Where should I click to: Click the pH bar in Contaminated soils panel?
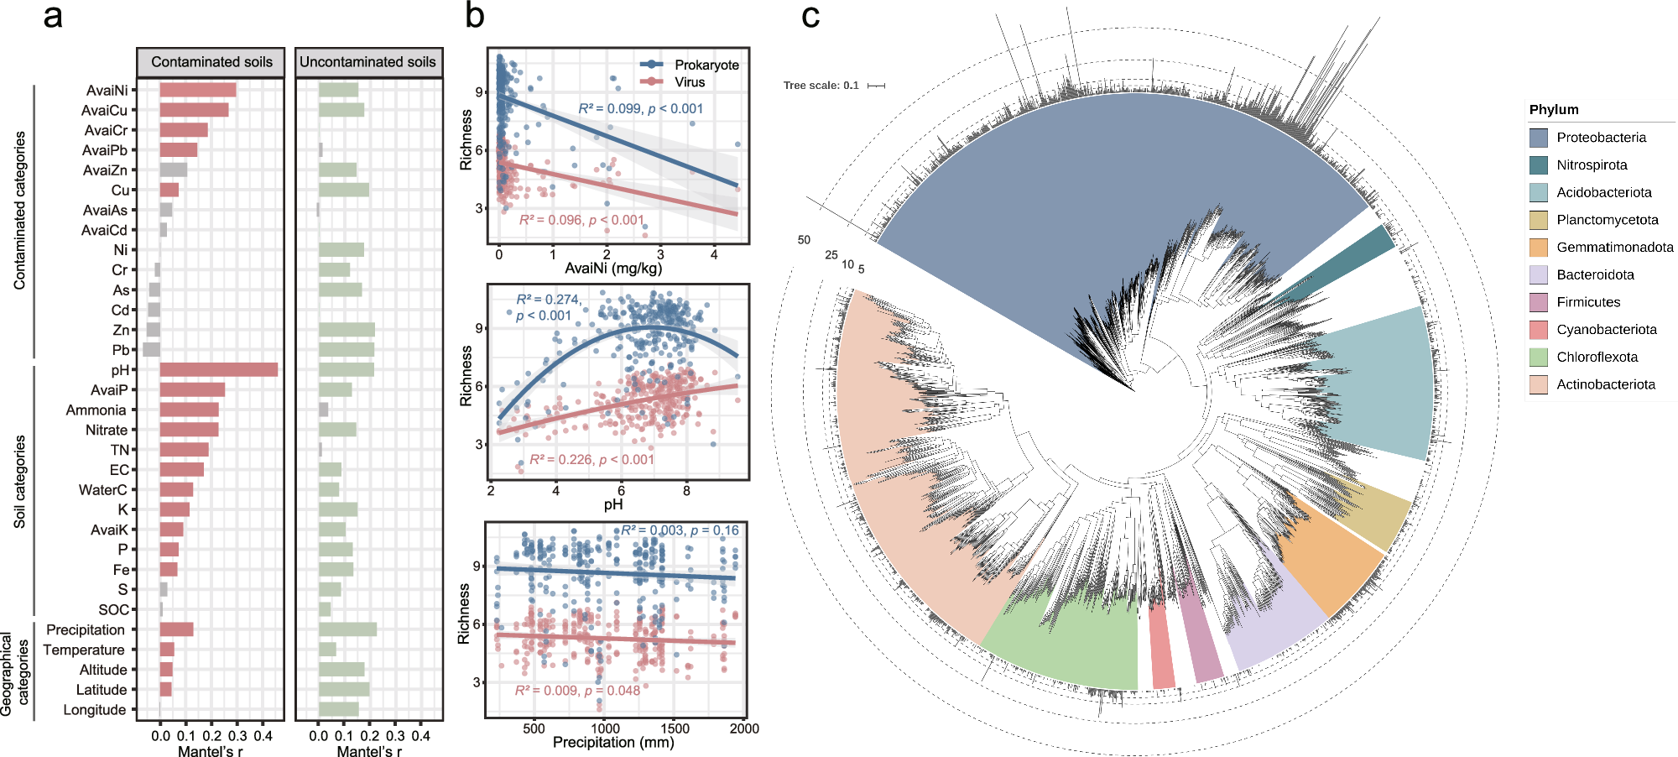[218, 369]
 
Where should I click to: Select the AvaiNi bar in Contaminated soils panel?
[198, 90]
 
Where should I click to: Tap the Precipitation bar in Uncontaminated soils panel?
[347, 629]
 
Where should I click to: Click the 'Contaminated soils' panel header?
[211, 62]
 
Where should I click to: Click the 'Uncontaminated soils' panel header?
[367, 62]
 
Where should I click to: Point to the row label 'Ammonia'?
[96, 410]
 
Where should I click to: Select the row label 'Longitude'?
[94, 710]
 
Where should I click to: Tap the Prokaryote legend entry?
[706, 65]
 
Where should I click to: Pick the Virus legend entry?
[690, 82]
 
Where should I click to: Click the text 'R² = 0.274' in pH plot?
[547, 299]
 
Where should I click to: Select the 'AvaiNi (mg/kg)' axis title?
[613, 269]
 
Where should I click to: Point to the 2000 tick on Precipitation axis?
[744, 728]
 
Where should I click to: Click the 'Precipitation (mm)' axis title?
[613, 743]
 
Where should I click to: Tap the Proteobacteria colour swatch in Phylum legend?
[1538, 138]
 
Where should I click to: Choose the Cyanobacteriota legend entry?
[1606, 330]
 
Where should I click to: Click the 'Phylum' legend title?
[1553, 110]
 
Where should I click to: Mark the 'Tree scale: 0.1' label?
[821, 86]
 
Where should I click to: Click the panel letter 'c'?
[810, 17]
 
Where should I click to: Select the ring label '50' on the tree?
[804, 240]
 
